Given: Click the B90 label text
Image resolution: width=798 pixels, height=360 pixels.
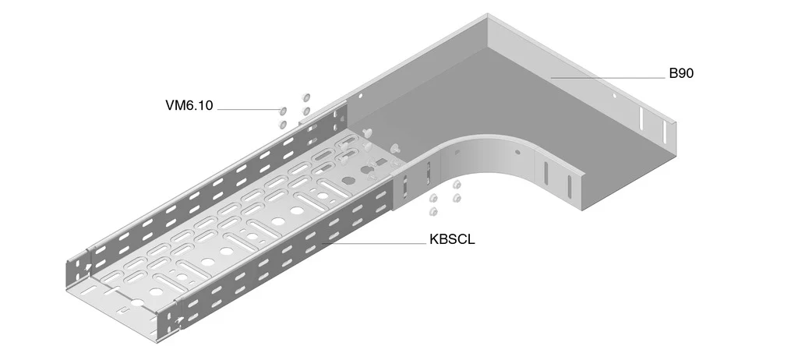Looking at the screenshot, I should click(680, 74).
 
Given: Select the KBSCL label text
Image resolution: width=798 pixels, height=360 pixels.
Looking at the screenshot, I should click(451, 239).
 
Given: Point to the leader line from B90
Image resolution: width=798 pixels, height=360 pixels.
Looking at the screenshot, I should click(608, 78).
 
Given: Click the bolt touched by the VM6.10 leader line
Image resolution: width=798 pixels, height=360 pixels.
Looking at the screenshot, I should click(284, 111).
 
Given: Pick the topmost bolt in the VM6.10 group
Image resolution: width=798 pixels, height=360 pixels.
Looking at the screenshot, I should click(305, 95).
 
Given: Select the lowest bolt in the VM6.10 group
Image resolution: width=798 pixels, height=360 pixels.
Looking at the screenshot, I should click(282, 124).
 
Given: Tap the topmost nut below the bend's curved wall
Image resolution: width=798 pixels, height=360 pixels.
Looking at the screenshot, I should click(457, 185).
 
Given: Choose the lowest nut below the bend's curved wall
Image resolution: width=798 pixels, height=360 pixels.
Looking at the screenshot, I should click(433, 212).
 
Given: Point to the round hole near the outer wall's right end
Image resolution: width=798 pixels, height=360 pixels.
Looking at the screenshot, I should click(614, 97).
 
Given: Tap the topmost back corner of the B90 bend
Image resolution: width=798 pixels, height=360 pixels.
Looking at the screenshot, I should click(488, 15).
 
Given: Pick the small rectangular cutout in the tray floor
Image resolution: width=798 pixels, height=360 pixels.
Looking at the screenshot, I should click(381, 162).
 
